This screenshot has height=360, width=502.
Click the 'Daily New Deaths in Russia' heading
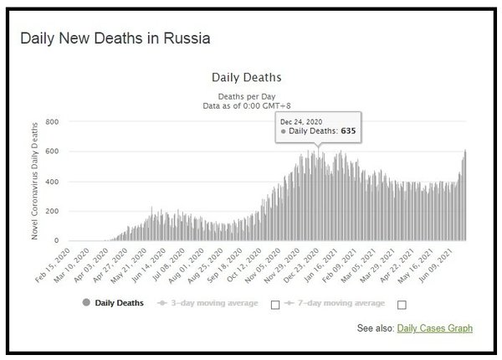coord(115,39)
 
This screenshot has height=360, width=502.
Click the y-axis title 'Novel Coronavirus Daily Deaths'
coord(35,180)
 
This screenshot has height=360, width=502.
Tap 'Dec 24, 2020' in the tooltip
coord(302,121)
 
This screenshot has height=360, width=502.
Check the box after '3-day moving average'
coord(275,304)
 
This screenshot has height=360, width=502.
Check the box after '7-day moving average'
coord(402,304)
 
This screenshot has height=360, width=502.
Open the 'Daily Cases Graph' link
coord(434,329)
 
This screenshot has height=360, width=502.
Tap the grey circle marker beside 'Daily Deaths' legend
coord(85,302)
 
